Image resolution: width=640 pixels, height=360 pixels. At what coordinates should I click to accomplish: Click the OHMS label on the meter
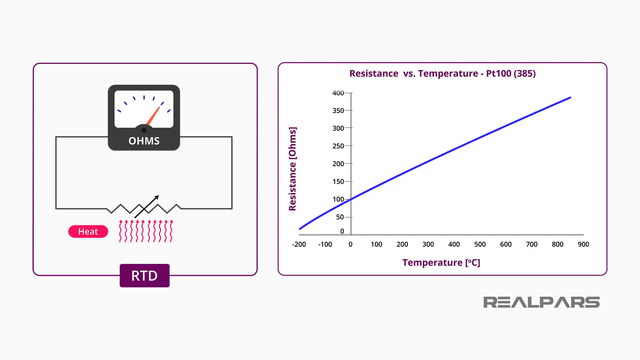pyautogui.click(x=144, y=141)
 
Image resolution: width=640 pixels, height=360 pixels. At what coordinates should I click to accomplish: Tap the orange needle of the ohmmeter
pyautogui.click(x=153, y=116)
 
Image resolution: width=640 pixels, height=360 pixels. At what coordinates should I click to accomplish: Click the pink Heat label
pyautogui.click(x=88, y=232)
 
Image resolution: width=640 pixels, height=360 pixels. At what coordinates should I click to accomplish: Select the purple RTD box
pyautogui.click(x=144, y=276)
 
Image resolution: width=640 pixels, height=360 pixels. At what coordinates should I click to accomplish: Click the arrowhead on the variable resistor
pyautogui.click(x=156, y=198)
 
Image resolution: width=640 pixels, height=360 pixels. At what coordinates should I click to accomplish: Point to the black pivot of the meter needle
pyautogui.click(x=144, y=130)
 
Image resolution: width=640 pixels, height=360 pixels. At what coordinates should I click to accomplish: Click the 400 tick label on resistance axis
pyautogui.click(x=338, y=93)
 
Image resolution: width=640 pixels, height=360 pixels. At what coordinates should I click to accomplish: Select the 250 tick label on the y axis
pyautogui.click(x=338, y=146)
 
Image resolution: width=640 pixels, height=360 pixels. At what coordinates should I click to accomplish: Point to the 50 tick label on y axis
pyautogui.click(x=340, y=217)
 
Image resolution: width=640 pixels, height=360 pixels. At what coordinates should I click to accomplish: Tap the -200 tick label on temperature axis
pyautogui.click(x=299, y=244)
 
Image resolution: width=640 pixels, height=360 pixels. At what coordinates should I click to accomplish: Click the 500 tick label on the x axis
pyautogui.click(x=480, y=244)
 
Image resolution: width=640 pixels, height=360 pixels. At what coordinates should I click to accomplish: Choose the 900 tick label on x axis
pyautogui.click(x=583, y=244)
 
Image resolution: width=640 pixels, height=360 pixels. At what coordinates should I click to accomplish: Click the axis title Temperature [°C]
pyautogui.click(x=441, y=263)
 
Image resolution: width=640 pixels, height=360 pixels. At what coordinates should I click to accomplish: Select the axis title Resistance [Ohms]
pyautogui.click(x=292, y=169)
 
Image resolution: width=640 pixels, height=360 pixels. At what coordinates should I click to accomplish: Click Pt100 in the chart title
pyautogui.click(x=499, y=73)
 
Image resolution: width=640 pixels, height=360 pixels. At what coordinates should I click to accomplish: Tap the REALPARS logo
pyautogui.click(x=541, y=302)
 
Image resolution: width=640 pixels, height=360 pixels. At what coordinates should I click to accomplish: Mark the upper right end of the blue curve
pyautogui.click(x=570, y=98)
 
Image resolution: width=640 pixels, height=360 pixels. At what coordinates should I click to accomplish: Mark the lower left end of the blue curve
pyautogui.click(x=300, y=229)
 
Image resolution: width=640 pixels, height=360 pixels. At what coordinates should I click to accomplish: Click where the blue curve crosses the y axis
pyautogui.click(x=351, y=199)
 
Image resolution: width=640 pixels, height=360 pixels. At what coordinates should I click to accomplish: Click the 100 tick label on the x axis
pyautogui.click(x=376, y=244)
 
